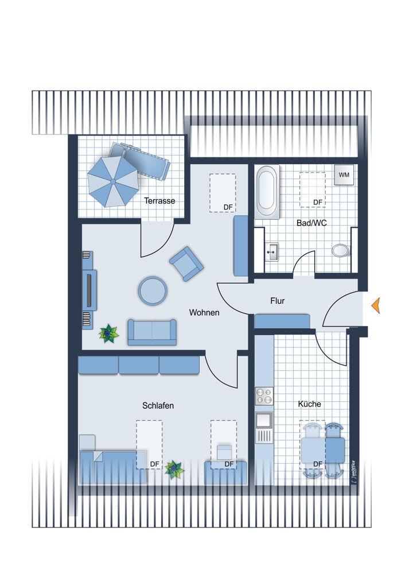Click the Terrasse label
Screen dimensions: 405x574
pos(159,200)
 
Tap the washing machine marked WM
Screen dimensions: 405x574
pos(344,175)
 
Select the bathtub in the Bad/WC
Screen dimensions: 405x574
pos(267,192)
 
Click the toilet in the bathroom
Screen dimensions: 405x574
pos(341,250)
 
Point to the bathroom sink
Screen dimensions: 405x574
pos(271,251)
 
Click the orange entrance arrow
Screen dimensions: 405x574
pos(376,305)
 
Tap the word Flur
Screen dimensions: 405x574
pos(277,301)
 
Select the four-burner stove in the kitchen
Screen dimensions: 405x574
pos(264,395)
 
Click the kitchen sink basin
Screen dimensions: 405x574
pos(264,420)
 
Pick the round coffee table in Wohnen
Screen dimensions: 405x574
pos(153,291)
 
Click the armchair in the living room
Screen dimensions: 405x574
pos(186,263)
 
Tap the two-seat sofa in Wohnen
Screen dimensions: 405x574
pos(152,332)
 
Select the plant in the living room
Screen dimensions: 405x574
pos(108,333)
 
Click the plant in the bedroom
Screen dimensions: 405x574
pos(174,470)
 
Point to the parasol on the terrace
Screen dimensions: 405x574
pos(113,181)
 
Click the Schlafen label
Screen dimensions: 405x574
pos(158,406)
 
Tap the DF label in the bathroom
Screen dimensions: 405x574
pos(318,202)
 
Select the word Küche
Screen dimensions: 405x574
pos(310,404)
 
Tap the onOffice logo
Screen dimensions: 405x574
pos(354,472)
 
